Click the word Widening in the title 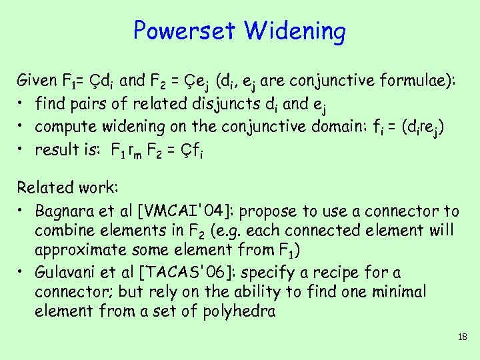coord(295,31)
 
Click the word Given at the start coord(37,81)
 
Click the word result coord(55,149)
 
